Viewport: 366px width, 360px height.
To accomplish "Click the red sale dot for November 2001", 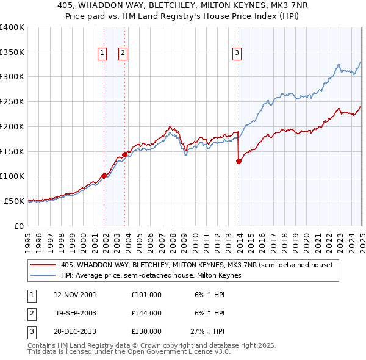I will (x=104, y=176).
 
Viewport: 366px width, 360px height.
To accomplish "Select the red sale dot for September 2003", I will (x=124, y=154).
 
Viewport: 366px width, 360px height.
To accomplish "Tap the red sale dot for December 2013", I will (x=239, y=161).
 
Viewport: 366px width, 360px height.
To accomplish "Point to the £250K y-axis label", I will (x=12, y=102).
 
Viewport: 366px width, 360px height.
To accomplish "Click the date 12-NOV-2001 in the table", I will (x=75, y=294).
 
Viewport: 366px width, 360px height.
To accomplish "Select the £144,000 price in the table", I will (x=146, y=313).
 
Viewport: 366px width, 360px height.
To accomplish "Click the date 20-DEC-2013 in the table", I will (x=75, y=332).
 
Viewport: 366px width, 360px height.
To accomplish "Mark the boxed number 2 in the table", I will (x=30, y=313).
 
